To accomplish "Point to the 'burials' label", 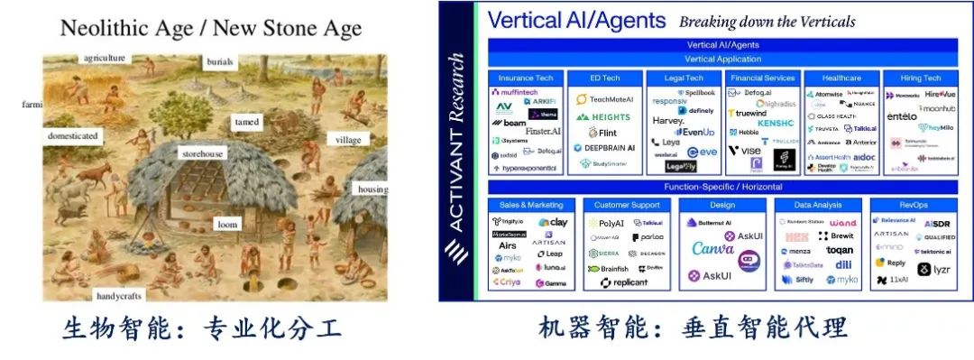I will point(220,62).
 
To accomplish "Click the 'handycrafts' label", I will point(120,295).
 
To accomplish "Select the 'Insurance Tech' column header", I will point(527,78).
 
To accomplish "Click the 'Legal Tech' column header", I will point(683,78).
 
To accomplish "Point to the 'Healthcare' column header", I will point(841,78).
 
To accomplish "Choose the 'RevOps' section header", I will point(919,205).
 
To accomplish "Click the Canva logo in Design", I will point(712,248).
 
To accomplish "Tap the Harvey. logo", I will point(668,121).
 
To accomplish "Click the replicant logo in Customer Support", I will point(625,282).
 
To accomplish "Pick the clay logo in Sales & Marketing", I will point(553,222).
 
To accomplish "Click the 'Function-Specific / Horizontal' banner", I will point(722,187).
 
